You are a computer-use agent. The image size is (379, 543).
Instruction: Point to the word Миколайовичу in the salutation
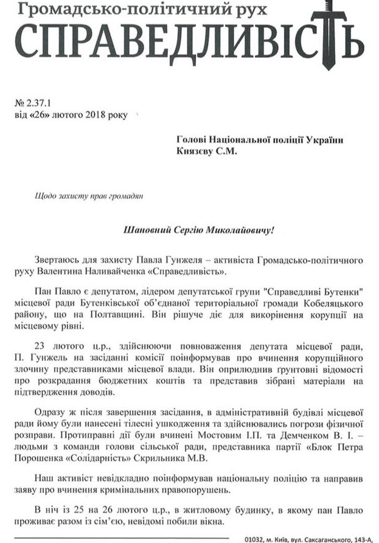pos(239,231)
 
